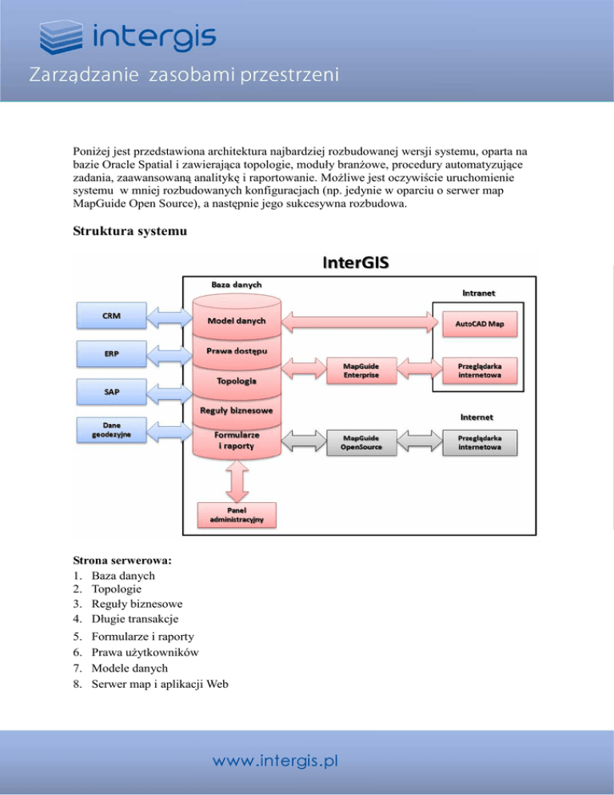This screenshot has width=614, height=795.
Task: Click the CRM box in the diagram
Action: pos(112,315)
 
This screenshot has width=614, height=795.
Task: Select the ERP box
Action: pos(112,353)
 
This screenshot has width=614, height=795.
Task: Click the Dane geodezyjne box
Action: pos(112,429)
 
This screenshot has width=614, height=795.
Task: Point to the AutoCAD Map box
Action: pos(480,324)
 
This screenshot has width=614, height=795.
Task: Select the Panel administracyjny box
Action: pos(237,515)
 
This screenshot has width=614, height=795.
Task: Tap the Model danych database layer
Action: pos(237,321)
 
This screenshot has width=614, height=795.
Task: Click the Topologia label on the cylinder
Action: pos(237,381)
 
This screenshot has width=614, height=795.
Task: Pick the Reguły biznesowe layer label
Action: pos(237,410)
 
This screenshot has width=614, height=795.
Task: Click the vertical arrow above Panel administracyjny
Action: pos(237,480)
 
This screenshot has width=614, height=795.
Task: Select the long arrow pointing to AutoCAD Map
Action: pos(356,324)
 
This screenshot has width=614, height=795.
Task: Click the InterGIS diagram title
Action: pos(356,262)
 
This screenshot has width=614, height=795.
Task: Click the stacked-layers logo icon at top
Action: pos(62,37)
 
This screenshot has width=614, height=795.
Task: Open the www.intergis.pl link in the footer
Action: pos(274,761)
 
